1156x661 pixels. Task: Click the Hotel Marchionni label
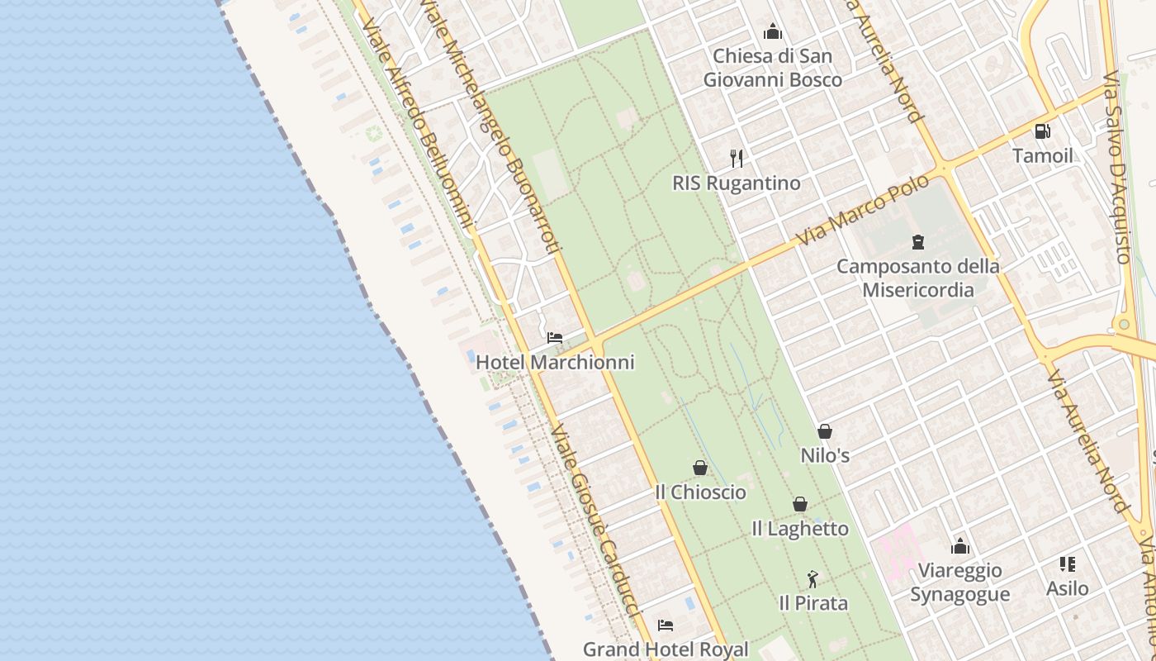click(x=555, y=362)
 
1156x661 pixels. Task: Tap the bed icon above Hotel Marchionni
click(x=555, y=338)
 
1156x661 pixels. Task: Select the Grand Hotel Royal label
click(x=666, y=649)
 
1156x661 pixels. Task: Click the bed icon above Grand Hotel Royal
click(x=666, y=625)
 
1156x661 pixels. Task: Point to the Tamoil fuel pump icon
click(x=1042, y=131)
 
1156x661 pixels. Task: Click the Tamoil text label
click(x=1042, y=155)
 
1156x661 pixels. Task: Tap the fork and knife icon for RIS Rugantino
click(x=737, y=158)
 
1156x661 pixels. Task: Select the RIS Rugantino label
click(x=737, y=183)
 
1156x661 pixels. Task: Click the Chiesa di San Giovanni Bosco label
click(x=773, y=68)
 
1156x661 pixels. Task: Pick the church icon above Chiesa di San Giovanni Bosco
click(x=773, y=32)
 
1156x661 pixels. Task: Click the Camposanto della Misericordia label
click(x=917, y=278)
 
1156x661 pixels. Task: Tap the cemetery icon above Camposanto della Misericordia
click(x=917, y=242)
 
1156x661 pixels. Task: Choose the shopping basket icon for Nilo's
click(x=824, y=431)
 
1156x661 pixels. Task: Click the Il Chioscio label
click(x=700, y=492)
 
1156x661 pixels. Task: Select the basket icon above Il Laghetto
click(x=799, y=504)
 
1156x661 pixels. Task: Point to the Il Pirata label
click(x=813, y=603)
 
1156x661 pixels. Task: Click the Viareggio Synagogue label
click(x=959, y=583)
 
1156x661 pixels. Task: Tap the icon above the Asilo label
click(x=1067, y=564)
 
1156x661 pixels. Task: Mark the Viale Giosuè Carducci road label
click(x=595, y=521)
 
